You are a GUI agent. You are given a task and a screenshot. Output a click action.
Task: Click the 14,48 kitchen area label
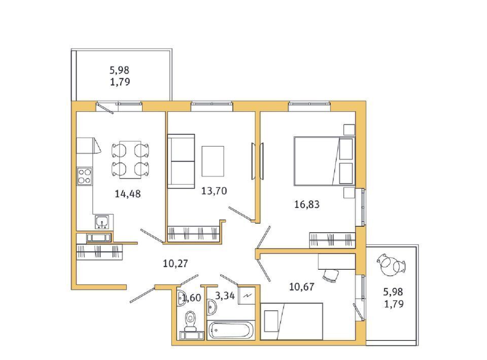[x=128, y=194]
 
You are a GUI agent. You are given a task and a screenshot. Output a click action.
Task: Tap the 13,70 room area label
[x=214, y=191]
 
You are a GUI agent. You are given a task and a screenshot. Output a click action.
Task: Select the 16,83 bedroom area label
[x=307, y=204]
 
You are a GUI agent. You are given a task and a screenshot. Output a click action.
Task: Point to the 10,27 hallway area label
[x=176, y=264]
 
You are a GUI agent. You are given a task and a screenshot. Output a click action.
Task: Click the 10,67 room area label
[x=301, y=287]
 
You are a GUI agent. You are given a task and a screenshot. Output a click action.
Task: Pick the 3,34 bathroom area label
[x=225, y=296]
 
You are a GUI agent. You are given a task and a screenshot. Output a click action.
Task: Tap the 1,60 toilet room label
[x=192, y=298]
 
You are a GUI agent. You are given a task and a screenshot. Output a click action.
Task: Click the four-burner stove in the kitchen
[x=85, y=176]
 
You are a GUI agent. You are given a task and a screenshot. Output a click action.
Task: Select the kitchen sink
[x=102, y=222]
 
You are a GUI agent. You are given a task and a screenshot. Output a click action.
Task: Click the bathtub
[x=230, y=330]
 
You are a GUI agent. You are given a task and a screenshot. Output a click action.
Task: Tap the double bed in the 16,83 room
[x=324, y=161]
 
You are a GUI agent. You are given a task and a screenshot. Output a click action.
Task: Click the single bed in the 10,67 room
[x=292, y=321]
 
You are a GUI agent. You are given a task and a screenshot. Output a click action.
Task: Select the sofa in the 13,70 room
[x=181, y=161]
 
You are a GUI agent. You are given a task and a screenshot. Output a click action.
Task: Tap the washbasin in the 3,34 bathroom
[x=212, y=307]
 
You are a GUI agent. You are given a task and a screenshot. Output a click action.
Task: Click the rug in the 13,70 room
[x=213, y=161]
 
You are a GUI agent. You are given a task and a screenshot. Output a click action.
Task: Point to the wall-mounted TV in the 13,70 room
[x=257, y=161]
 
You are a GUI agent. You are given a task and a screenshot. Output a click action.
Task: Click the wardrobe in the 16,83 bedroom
[x=332, y=240]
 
